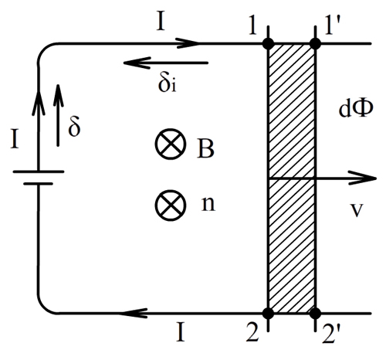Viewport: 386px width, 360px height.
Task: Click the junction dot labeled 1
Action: (x=269, y=44)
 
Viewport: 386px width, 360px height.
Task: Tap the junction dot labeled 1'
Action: (x=316, y=44)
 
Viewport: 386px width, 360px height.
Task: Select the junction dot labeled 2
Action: (x=269, y=313)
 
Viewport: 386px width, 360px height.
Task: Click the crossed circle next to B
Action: (x=171, y=144)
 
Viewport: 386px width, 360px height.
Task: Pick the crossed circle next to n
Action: (x=171, y=205)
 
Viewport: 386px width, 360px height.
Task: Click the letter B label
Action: (x=205, y=149)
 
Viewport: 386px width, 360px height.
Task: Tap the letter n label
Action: (x=208, y=204)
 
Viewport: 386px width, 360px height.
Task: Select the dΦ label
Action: (x=356, y=108)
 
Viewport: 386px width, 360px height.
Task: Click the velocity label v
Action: (x=357, y=210)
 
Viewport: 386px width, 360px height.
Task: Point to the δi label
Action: (x=168, y=83)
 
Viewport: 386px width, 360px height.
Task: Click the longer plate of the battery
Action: (x=39, y=172)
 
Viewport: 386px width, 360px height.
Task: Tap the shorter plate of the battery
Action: (x=39, y=184)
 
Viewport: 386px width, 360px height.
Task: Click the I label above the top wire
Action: (x=161, y=22)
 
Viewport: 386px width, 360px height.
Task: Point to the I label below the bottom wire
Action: (x=181, y=332)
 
